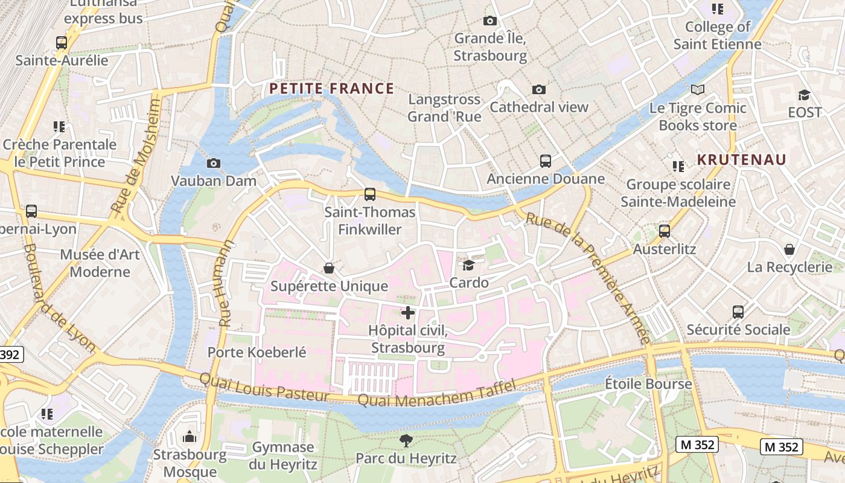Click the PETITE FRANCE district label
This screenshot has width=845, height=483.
point(331,89)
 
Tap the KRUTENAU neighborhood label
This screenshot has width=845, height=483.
point(742,159)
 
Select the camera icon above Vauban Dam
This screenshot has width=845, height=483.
point(213,163)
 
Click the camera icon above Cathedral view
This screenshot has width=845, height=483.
point(539,89)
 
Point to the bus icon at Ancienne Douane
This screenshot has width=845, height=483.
point(546,161)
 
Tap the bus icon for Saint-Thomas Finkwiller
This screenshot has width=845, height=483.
point(370,194)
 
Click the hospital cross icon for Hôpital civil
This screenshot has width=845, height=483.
point(408,313)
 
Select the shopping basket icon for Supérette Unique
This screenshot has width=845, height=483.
point(329,267)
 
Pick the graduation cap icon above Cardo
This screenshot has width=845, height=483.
point(468,265)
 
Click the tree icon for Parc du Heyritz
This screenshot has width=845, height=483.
point(406,441)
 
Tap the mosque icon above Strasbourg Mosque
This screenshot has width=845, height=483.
point(190,436)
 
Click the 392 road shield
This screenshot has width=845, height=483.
point(10,354)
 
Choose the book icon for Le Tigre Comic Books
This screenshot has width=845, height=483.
point(698,90)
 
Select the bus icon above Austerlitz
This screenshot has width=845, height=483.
point(665,231)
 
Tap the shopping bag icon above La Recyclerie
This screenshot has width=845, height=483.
point(789,249)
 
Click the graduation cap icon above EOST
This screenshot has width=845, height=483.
point(804,95)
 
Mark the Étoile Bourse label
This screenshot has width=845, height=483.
point(648,383)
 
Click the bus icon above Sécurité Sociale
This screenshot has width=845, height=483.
point(738,312)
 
